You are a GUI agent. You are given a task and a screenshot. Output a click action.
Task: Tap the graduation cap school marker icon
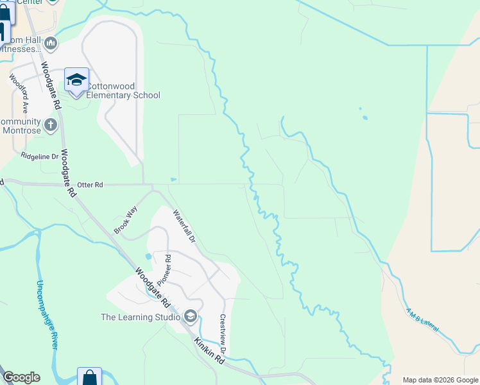[x=76, y=80]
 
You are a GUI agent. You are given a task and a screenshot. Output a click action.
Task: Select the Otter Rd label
[x=90, y=185]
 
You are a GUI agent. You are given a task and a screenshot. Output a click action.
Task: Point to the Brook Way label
[x=126, y=219]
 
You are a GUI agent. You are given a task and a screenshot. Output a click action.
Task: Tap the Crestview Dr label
[x=223, y=334]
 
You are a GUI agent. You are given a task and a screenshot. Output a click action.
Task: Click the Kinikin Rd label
[x=209, y=352]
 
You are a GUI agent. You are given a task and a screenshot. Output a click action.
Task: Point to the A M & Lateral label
[x=422, y=320]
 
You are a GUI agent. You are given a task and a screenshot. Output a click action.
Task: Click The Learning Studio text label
[x=140, y=316]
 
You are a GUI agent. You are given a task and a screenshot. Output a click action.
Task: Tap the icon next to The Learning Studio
[x=190, y=316]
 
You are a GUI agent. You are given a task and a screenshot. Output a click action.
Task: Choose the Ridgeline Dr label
[x=39, y=156]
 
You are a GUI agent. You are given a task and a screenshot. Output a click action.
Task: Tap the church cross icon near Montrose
[x=51, y=124]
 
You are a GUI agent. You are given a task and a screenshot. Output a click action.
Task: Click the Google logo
[x=21, y=377]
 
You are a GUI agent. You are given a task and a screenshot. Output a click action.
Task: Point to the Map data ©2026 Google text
[x=440, y=380]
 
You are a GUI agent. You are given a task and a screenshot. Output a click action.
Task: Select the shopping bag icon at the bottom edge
[x=89, y=378]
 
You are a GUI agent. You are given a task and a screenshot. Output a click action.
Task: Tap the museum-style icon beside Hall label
[x=51, y=44]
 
